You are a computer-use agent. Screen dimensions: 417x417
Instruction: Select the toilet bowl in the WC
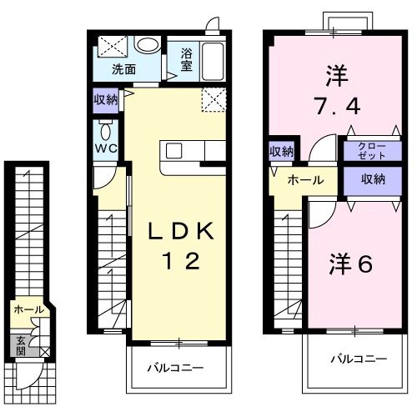pyautogui.click(x=105, y=133)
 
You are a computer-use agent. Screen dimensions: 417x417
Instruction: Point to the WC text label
pyautogui.click(x=105, y=149)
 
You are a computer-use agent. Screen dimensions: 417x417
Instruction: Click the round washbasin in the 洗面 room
pyautogui.click(x=148, y=46)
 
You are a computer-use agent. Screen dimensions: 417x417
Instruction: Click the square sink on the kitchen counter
pyautogui.click(x=173, y=151)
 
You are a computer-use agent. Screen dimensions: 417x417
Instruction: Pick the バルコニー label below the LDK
pyautogui.click(x=176, y=367)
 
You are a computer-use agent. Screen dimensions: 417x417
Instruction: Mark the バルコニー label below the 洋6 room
pyautogui.click(x=357, y=359)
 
